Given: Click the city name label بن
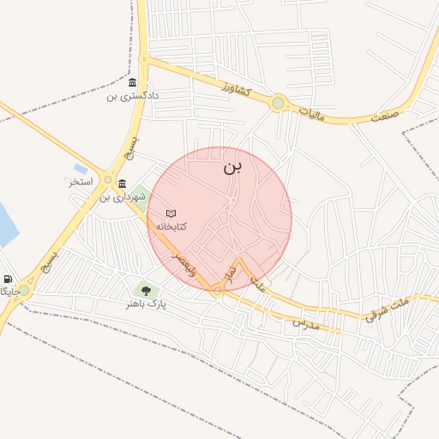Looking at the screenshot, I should (232, 166).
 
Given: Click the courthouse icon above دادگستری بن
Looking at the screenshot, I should (132, 83).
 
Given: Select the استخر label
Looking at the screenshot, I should (81, 183).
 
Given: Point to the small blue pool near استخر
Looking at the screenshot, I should (81, 169).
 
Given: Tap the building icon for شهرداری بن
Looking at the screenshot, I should (123, 183).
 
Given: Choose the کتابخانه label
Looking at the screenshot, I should (171, 226).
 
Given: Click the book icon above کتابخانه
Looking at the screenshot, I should (171, 213).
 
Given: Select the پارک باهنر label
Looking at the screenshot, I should (144, 304).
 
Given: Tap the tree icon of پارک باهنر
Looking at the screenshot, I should (144, 290).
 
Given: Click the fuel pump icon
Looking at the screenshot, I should (8, 279).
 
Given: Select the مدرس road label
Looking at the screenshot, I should (306, 323).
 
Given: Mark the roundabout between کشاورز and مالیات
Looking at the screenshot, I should (278, 104).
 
